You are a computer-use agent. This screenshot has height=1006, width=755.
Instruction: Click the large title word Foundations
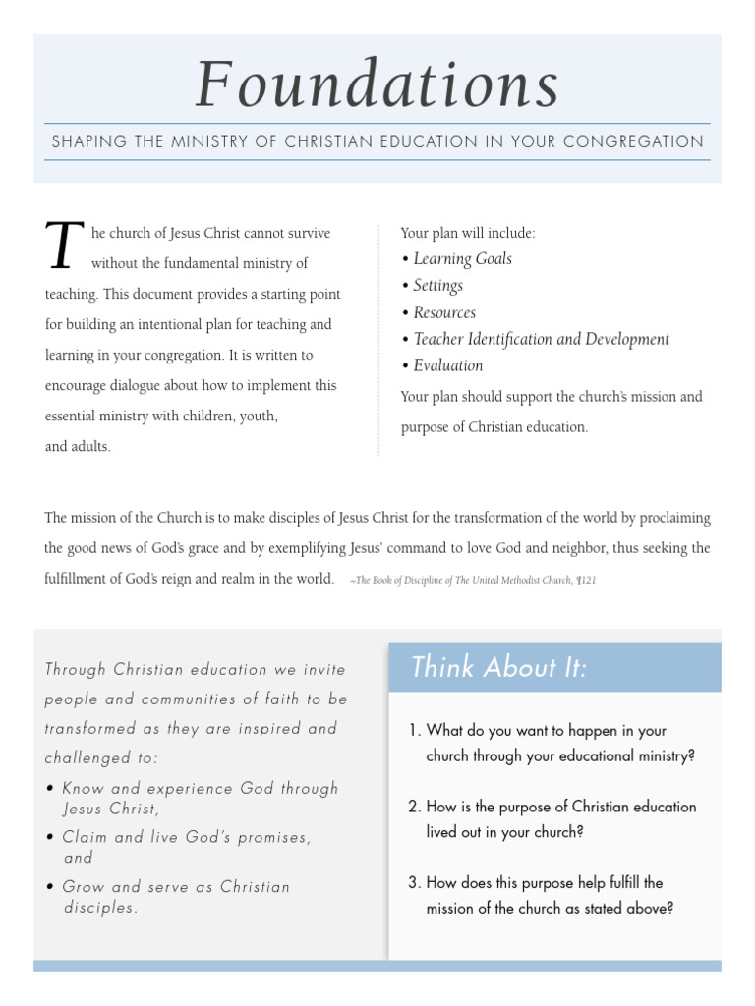[377, 84]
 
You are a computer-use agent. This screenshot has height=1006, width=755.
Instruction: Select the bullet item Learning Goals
[462, 259]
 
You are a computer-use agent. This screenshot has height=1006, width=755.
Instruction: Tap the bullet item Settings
[437, 286]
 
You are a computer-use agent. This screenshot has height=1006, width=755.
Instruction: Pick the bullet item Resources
[444, 312]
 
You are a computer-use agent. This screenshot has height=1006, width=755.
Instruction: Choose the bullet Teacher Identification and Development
[541, 339]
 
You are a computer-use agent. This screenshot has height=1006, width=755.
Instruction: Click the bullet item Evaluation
[447, 365]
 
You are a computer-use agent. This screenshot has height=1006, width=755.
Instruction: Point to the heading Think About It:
[498, 667]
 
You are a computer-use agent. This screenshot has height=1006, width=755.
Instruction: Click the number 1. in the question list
[414, 731]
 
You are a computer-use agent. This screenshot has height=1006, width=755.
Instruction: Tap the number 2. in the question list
[414, 807]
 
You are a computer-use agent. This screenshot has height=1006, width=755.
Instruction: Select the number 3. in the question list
[414, 882]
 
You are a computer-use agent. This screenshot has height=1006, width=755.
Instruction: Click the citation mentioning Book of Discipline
[474, 580]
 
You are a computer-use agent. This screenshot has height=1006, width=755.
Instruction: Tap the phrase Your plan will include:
[468, 233]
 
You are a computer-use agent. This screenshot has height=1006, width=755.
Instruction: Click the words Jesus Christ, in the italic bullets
[110, 809]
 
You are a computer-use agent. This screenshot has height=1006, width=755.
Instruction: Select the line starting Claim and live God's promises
[187, 837]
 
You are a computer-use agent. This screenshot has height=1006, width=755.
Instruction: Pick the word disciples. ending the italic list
[100, 908]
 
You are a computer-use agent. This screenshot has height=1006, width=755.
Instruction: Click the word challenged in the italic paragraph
[87, 757]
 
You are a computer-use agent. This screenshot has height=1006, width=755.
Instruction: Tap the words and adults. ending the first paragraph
[79, 446]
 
